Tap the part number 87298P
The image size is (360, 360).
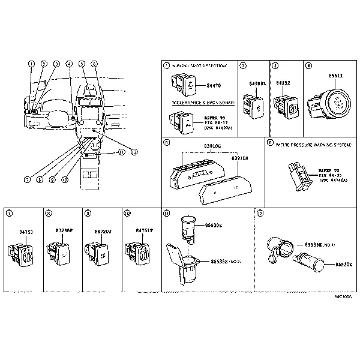click(63, 230)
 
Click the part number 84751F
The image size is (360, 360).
click(144, 230)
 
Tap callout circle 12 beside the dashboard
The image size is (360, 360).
click(134, 151)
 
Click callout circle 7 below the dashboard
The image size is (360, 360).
click(27, 179)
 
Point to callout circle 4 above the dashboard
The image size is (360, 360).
click(69, 64)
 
